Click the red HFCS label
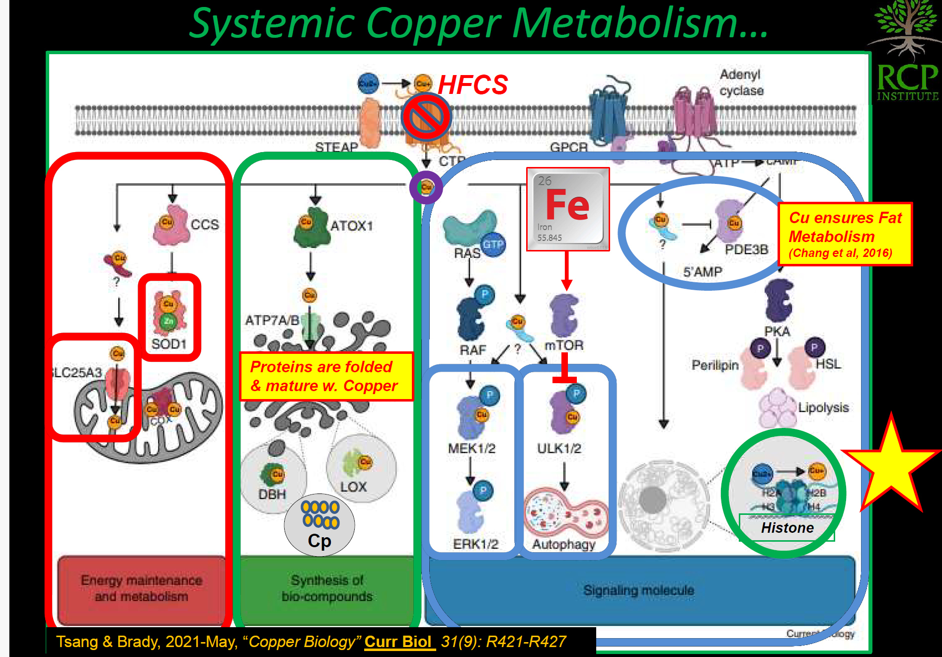[472, 84]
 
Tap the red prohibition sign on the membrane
[426, 117]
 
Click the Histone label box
[787, 528]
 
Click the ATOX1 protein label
[351, 226]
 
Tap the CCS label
[205, 225]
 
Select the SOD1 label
[169, 344]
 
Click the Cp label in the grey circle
[319, 541]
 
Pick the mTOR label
[564, 345]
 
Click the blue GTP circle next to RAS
[493, 245]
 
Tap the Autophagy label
[563, 544]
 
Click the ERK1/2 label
[475, 544]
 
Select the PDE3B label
[746, 249]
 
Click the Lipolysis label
[823, 408]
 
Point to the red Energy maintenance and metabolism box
[141, 589]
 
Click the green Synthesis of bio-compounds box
[326, 589]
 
